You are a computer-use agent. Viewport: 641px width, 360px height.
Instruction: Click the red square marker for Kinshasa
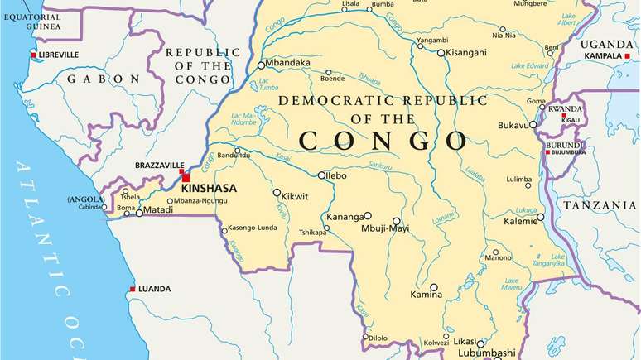[x=186, y=177]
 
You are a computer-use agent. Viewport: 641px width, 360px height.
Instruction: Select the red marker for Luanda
[x=132, y=289]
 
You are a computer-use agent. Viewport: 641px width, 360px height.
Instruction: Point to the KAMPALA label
[x=603, y=55]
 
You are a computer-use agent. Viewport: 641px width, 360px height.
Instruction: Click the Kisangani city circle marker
[x=441, y=52]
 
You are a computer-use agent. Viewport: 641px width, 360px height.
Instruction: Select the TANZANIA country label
[x=600, y=204]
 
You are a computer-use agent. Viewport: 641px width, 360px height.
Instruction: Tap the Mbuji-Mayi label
[x=382, y=228]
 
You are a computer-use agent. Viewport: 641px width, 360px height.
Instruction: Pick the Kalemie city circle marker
[x=541, y=218]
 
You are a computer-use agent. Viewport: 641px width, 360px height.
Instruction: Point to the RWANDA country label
[x=566, y=108]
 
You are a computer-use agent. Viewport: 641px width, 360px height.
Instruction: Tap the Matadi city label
[x=159, y=211]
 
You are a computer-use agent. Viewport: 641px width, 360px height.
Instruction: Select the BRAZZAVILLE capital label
[x=159, y=166]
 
